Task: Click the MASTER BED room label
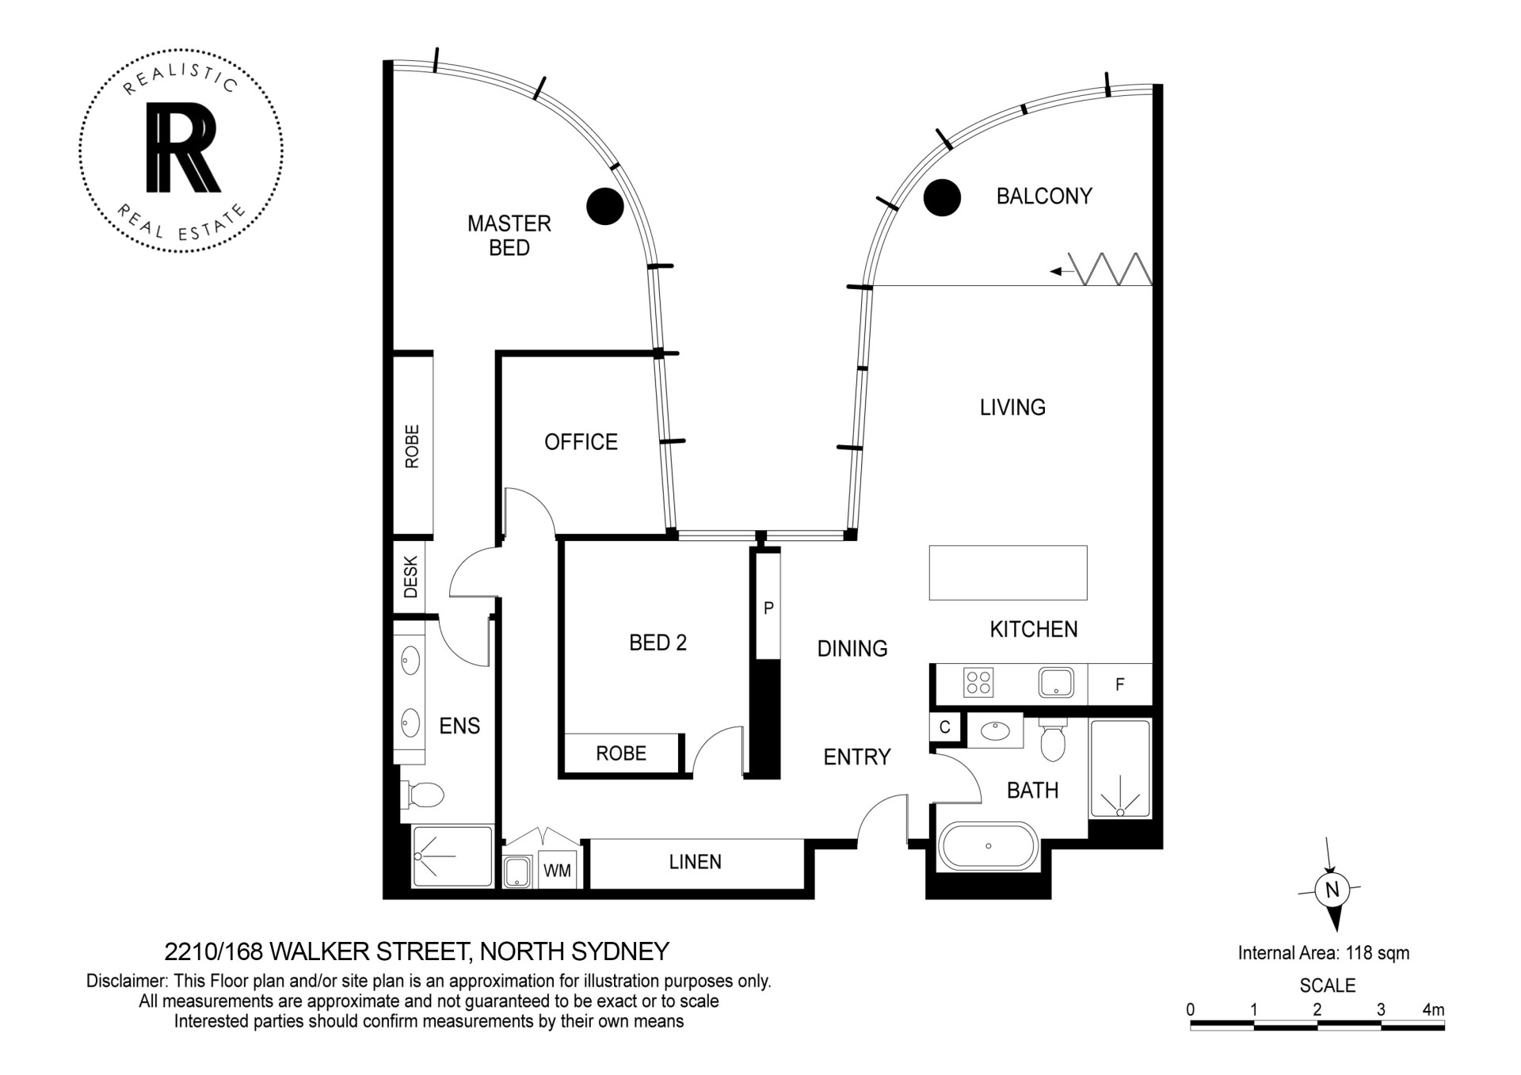click(x=509, y=235)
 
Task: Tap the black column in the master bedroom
click(x=604, y=206)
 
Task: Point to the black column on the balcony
click(x=943, y=197)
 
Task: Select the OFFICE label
click(x=581, y=442)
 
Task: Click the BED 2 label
click(x=658, y=642)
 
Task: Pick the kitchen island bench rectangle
click(x=1008, y=573)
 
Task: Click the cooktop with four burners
click(x=978, y=682)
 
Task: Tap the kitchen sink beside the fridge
click(x=1056, y=682)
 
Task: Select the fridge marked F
click(x=1119, y=684)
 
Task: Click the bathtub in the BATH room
click(x=988, y=846)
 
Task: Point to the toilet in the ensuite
click(x=423, y=795)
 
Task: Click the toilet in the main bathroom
click(x=1052, y=740)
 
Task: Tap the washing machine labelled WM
click(x=557, y=871)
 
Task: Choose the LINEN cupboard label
click(x=695, y=862)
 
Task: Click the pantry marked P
click(x=768, y=608)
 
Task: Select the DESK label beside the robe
click(x=410, y=577)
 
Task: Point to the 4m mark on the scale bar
click(x=1434, y=1010)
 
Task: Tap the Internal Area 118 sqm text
click(x=1324, y=953)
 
